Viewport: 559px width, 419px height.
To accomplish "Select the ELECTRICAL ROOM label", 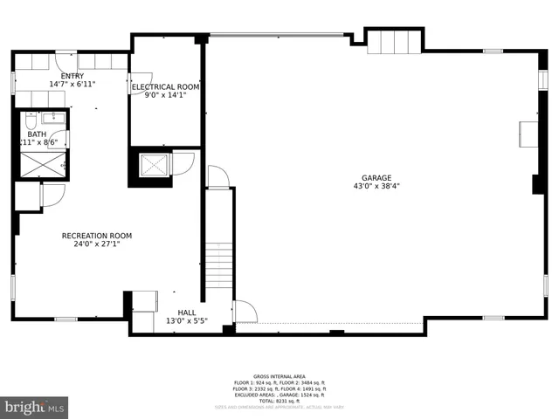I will [166, 87].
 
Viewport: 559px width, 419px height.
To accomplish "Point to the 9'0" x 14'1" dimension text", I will [166, 95].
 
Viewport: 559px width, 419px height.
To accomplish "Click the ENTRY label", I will [72, 76].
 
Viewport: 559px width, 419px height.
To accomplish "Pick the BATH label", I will [37, 134].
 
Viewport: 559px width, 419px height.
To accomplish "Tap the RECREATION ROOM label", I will [96, 236].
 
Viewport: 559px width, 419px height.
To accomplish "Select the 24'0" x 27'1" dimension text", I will [96, 244].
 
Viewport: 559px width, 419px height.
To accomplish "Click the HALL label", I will [187, 312].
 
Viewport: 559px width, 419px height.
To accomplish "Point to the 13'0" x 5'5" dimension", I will [187, 320].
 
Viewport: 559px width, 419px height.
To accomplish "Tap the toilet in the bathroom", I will [29, 123].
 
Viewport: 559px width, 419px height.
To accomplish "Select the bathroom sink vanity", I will [53, 118].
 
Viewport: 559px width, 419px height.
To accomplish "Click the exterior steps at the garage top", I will [394, 41].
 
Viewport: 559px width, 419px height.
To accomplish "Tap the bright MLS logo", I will [35, 407].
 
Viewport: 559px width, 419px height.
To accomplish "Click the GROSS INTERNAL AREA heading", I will [279, 376].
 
